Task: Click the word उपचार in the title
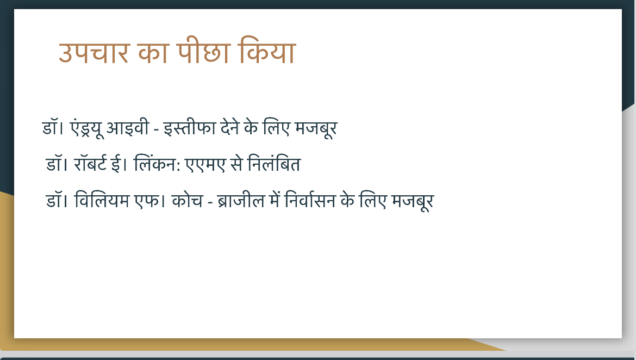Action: point(94,52)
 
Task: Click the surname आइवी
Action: point(127,127)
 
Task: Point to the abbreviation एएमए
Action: point(205,165)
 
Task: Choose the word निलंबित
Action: point(274,164)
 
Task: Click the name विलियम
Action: point(102,201)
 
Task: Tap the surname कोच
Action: point(187,201)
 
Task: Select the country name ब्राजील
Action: point(241,201)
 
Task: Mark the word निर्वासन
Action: point(310,201)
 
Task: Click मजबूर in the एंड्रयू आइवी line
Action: point(316,129)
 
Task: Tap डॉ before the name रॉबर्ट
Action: point(54,164)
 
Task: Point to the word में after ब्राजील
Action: point(275,200)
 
